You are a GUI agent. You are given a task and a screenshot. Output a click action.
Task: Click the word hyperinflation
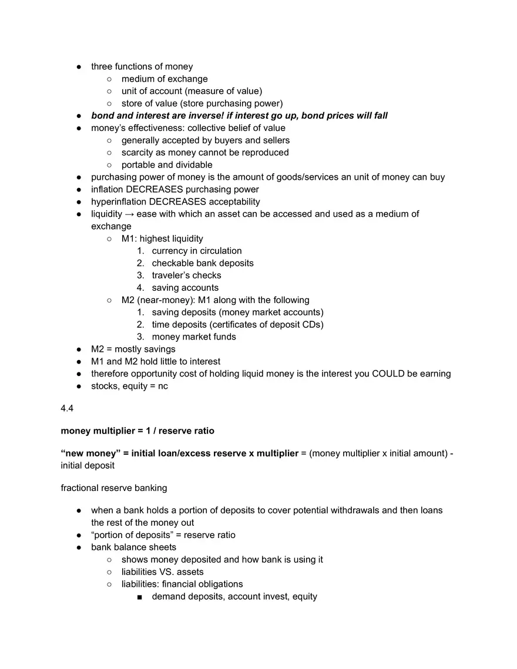(119, 201)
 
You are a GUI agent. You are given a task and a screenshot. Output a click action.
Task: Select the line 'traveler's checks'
(186, 275)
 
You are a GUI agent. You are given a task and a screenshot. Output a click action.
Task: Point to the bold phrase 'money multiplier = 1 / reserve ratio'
(137, 431)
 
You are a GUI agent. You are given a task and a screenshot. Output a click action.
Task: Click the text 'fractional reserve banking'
(114, 488)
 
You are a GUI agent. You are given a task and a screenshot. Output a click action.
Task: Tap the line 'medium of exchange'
(164, 79)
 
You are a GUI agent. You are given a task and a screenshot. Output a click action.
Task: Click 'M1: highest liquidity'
(162, 238)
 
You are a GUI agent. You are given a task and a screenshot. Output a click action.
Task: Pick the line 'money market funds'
(194, 337)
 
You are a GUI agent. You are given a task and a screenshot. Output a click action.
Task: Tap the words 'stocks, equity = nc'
(129, 386)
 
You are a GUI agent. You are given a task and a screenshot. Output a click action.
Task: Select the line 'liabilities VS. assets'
(163, 571)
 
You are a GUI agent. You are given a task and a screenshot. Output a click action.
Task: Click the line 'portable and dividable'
(167, 165)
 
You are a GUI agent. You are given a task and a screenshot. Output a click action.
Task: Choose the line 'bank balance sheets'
(133, 547)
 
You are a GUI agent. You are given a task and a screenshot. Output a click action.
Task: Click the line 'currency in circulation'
(197, 251)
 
